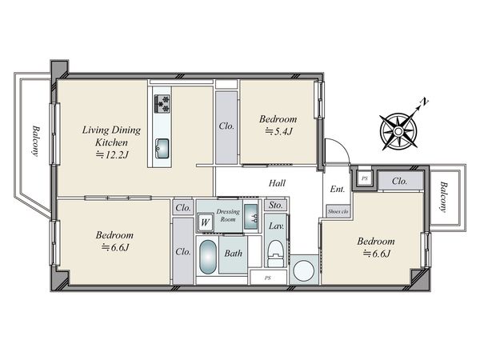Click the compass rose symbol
click(x=398, y=132)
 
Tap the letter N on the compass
click(x=424, y=102)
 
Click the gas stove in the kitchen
click(x=162, y=104)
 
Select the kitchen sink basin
click(x=162, y=149)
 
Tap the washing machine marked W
click(x=205, y=222)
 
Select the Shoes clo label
click(x=338, y=211)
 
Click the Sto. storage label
click(x=275, y=205)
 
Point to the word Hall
click(x=277, y=183)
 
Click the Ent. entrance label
click(x=338, y=189)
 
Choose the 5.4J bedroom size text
click(x=278, y=131)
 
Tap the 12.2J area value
click(x=112, y=154)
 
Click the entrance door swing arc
click(x=343, y=146)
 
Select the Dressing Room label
click(x=228, y=215)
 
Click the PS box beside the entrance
click(x=364, y=178)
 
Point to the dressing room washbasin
click(x=251, y=217)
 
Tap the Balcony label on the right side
click(x=443, y=197)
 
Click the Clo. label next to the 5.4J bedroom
click(x=226, y=126)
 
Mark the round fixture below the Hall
click(x=304, y=270)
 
